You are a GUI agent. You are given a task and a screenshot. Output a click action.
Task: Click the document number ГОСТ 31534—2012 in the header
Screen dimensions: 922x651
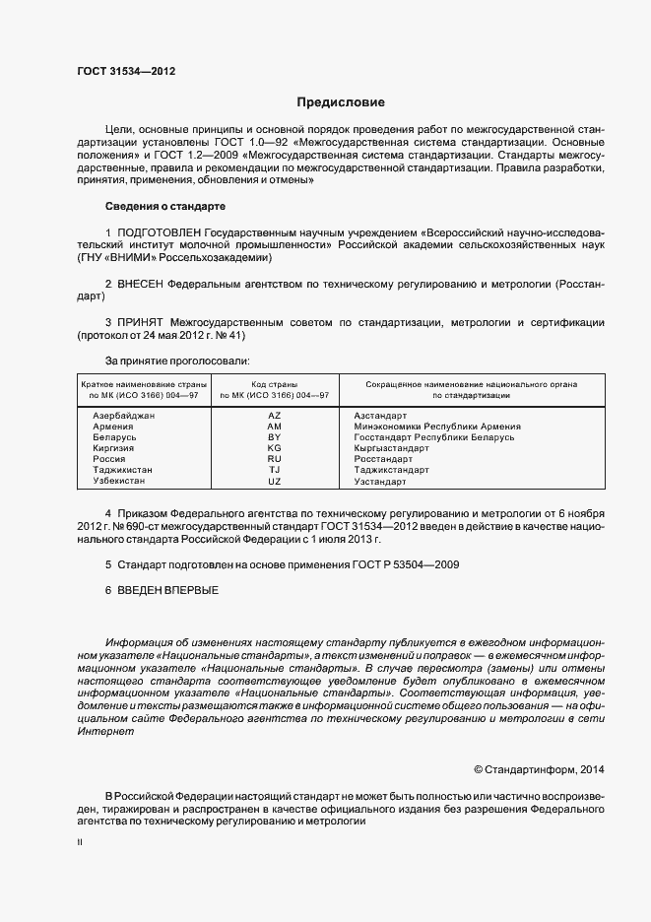[126, 72]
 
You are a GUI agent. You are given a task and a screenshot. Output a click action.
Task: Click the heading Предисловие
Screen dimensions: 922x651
[341, 102]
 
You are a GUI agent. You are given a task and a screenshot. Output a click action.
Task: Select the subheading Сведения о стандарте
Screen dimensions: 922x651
[165, 207]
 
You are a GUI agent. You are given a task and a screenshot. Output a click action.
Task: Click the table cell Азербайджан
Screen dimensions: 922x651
[124, 416]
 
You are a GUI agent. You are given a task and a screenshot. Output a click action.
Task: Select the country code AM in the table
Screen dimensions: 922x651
[274, 427]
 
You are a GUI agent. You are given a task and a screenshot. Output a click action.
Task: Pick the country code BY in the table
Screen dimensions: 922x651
[274, 437]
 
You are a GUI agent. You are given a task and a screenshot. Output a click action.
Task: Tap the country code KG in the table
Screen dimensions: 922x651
[274, 448]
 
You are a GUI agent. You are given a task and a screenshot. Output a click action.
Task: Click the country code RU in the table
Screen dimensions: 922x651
[274, 459]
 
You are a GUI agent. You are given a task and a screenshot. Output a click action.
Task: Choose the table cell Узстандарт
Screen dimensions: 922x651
[379, 481]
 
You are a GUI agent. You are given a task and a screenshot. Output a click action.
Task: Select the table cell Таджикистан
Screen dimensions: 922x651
[122, 470]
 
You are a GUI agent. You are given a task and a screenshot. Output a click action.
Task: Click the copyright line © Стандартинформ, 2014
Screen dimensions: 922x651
[541, 768]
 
